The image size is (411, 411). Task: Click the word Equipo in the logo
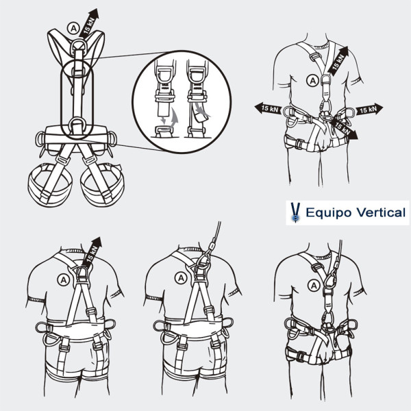pos(329,213)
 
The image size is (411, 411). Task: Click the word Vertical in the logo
pos(381,212)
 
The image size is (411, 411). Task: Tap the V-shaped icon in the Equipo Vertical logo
pos(295,212)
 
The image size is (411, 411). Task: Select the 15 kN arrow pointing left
pos(268,108)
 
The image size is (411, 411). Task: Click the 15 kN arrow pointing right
pos(369,109)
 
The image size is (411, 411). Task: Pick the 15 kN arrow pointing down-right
pos(344,129)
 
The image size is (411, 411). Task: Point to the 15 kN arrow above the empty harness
pos(89,23)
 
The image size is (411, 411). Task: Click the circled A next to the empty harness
pos(73,28)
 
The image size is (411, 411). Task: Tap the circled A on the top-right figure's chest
pos(312,81)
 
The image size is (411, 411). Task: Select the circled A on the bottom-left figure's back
pos(64,280)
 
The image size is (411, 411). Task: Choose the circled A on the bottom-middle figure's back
pos(181,278)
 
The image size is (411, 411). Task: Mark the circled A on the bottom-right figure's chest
pos(314,286)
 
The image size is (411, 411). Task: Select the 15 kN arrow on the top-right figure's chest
pos(338,62)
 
